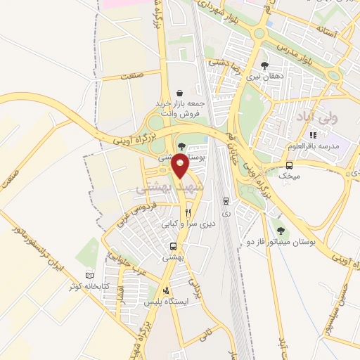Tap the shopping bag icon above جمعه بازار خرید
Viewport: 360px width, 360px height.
pyautogui.click(x=180, y=92)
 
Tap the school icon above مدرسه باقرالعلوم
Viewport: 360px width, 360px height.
pyautogui.click(x=314, y=135)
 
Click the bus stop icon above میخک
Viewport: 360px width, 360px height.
pyautogui.click(x=288, y=165)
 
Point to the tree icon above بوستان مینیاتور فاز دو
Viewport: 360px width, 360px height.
pyautogui.click(x=281, y=229)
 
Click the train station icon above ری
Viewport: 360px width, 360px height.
pyautogui.click(x=225, y=200)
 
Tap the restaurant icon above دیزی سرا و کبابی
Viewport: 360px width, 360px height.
pyautogui.click(x=188, y=212)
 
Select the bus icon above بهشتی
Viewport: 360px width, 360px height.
pyautogui.click(x=173, y=246)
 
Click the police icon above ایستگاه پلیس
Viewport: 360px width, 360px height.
pyautogui.click(x=166, y=290)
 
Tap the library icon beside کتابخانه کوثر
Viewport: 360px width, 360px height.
pyautogui.click(x=88, y=275)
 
